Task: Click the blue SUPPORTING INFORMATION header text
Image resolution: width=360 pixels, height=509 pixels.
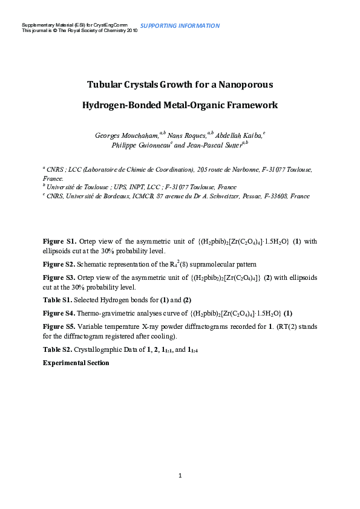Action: [180, 26]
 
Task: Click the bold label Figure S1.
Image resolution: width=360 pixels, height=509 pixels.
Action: [59, 242]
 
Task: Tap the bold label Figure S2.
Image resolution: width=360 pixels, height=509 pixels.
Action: [59, 265]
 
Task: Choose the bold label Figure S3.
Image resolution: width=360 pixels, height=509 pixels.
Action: [59, 277]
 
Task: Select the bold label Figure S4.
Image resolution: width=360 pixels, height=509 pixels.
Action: [59, 313]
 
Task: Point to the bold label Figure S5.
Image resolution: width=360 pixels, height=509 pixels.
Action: [59, 326]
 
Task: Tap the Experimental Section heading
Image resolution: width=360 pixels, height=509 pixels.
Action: [76, 363]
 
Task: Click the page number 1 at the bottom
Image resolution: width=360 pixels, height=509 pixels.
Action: [180, 476]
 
